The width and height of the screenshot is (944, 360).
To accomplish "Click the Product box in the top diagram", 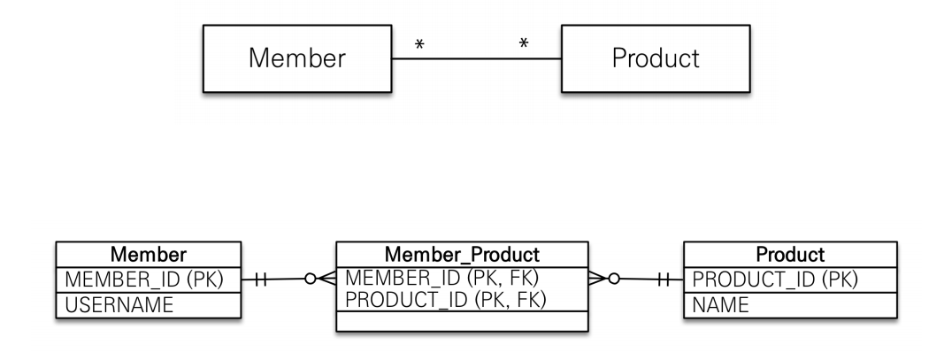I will coord(655,58).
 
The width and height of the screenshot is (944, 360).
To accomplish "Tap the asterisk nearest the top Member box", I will coord(418,42).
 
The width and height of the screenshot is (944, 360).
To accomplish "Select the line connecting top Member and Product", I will coord(475,59).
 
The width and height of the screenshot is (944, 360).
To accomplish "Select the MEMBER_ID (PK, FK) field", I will coord(442,277).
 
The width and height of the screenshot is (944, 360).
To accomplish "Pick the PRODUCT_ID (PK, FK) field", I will coord(446,299).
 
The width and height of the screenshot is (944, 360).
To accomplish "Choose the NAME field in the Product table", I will coord(720,303).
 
